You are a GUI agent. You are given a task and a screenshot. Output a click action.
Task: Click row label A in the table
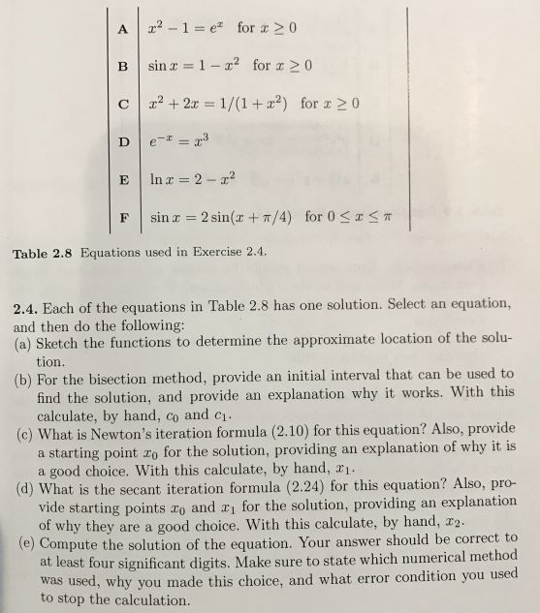[122, 23]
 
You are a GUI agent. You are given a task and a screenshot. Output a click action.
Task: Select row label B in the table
[123, 68]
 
